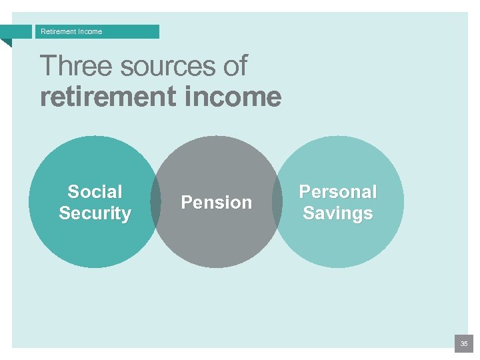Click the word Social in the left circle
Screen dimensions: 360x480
click(x=95, y=192)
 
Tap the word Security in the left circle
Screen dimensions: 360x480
click(x=95, y=213)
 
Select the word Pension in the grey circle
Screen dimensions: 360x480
click(x=217, y=203)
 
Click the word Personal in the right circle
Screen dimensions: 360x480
click(x=338, y=192)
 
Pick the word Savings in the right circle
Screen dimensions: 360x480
click(x=338, y=213)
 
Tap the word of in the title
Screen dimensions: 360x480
click(x=233, y=66)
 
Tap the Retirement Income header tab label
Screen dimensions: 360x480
click(x=71, y=31)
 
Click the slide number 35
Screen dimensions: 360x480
click(x=463, y=344)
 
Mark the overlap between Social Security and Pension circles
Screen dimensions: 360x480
click(x=156, y=202)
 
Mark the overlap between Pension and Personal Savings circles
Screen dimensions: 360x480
click(x=277, y=202)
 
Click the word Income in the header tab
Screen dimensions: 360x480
click(x=89, y=31)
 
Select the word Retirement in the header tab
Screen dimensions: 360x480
click(x=57, y=31)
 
